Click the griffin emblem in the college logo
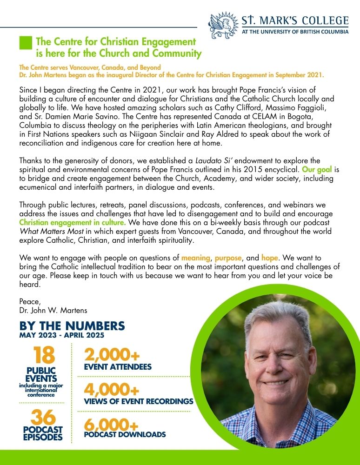(x=224, y=25)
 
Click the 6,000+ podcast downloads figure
(x=112, y=425)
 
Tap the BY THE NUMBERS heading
(x=72, y=325)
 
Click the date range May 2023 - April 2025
(x=61, y=335)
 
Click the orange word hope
(x=269, y=257)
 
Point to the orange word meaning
(x=196, y=257)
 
